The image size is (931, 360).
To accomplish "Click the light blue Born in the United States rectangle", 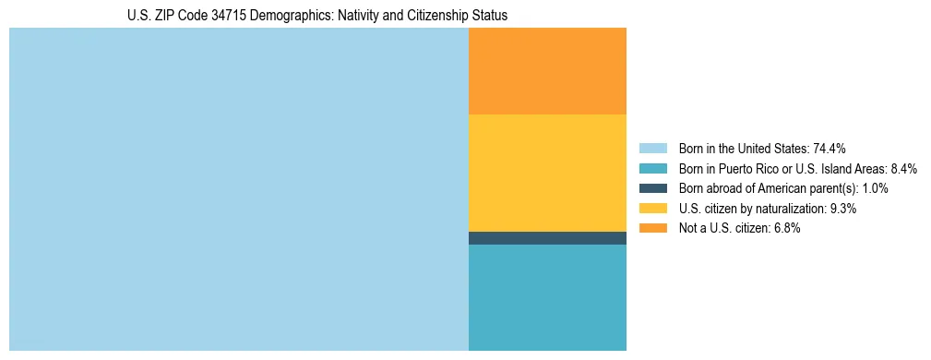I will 238,189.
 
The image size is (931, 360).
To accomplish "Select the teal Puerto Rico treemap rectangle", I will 547,297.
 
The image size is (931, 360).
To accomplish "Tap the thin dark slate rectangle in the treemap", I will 547,238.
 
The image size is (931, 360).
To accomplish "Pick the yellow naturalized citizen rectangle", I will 547,173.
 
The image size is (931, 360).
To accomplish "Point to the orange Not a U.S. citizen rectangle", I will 547,71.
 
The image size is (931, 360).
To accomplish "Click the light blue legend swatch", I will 652,149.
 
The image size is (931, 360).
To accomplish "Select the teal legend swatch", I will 652,169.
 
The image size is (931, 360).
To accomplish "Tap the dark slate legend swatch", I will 652,188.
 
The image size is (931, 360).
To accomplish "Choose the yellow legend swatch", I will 652,209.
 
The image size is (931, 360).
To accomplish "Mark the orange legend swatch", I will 652,228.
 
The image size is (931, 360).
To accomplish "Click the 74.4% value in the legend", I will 830,149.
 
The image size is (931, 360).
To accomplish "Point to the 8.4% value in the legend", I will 903,169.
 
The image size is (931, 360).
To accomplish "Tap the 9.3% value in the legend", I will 843,209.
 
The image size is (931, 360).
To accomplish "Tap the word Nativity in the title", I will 362,16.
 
